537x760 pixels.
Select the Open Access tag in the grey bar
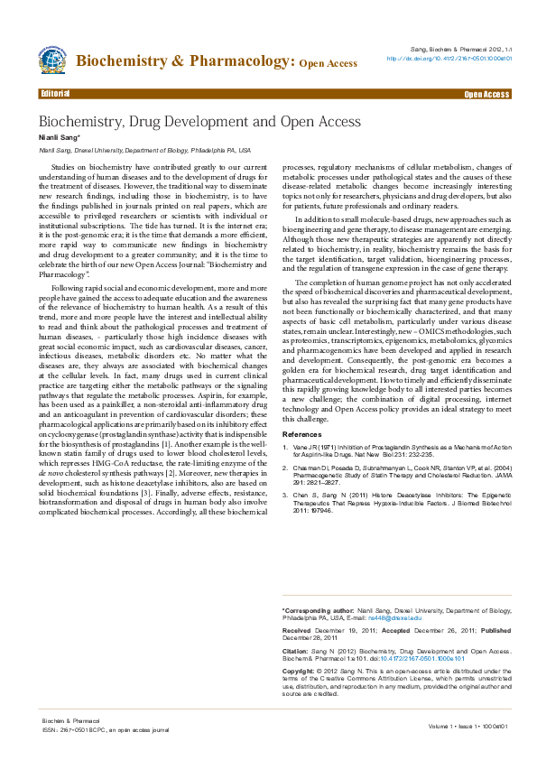pyautogui.click(x=487, y=94)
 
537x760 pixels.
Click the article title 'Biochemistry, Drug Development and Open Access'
pyautogui.click(x=199, y=121)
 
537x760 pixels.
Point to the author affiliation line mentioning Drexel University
pyautogui.click(x=144, y=150)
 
